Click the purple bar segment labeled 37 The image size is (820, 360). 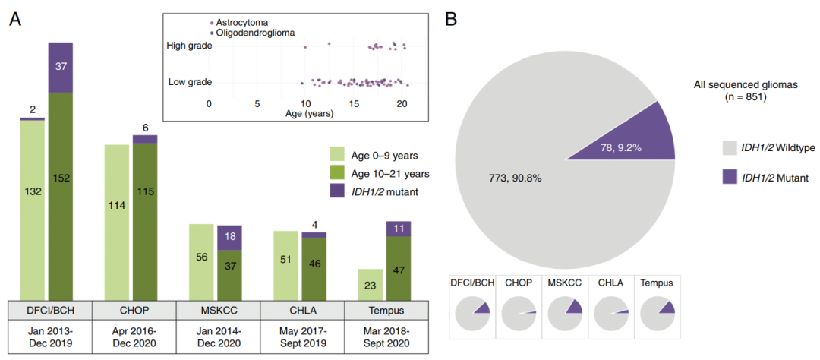(61, 68)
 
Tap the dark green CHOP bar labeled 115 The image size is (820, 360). (145, 220)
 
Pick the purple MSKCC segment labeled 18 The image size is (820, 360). (229, 238)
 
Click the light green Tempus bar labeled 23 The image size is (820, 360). (371, 284)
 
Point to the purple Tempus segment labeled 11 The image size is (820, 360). (399, 229)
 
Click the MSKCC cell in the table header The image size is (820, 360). (218, 311)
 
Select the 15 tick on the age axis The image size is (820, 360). (353, 103)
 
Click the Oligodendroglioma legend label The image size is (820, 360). (256, 33)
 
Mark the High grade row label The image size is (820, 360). (189, 46)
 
